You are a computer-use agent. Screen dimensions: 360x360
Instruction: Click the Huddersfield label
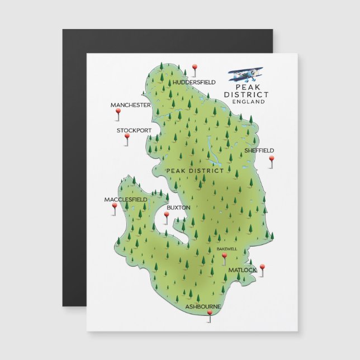click(194, 82)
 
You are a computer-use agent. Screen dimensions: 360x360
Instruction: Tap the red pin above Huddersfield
click(195, 68)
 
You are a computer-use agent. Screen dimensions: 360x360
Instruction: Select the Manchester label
click(130, 105)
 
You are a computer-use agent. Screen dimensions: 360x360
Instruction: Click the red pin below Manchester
click(118, 112)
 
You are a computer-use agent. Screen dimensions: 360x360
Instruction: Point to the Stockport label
click(134, 130)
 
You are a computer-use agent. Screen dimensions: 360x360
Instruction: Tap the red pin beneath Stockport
click(127, 137)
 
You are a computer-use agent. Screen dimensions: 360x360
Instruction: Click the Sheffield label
click(259, 150)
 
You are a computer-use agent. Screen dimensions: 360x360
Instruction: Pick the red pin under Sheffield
click(272, 159)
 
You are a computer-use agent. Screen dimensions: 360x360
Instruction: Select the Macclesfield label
click(126, 200)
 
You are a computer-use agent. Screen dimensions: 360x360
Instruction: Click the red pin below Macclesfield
click(115, 207)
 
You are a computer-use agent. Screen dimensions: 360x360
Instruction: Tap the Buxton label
click(178, 207)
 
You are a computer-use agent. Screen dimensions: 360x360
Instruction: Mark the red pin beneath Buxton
click(166, 215)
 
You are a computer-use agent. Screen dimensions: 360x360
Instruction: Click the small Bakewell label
click(227, 248)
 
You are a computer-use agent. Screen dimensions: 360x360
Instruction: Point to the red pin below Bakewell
click(225, 257)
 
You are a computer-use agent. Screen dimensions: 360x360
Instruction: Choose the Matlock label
click(242, 270)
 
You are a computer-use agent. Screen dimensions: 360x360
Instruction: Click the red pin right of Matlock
click(261, 268)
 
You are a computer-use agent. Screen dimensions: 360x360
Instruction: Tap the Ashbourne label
click(203, 307)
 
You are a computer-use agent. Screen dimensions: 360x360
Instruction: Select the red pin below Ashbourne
click(210, 315)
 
